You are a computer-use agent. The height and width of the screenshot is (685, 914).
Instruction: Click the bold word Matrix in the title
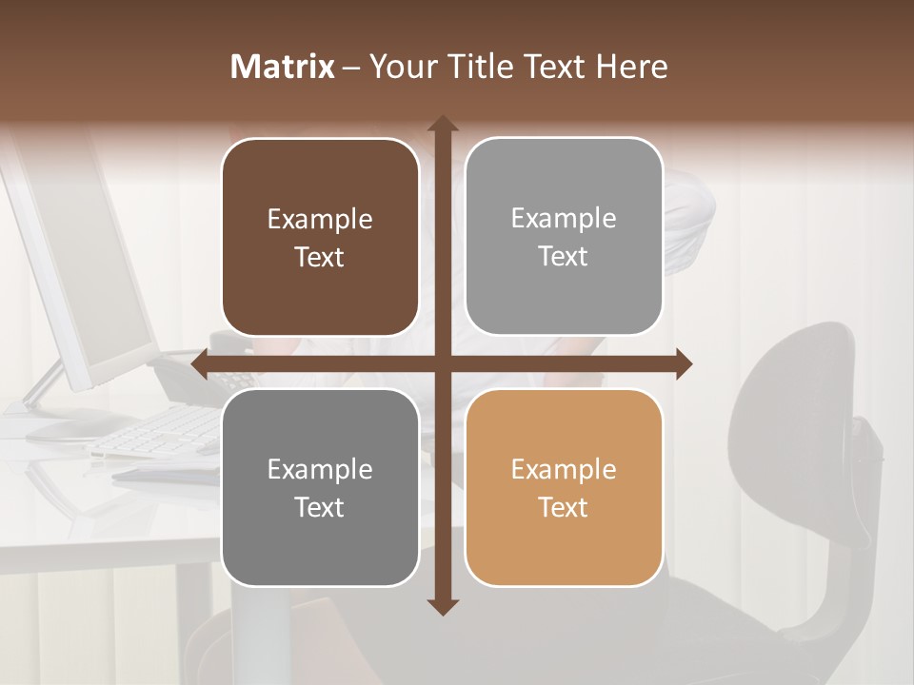click(283, 67)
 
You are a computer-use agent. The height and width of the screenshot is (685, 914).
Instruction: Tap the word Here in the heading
click(631, 67)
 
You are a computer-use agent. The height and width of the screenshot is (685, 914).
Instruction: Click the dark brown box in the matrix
click(320, 237)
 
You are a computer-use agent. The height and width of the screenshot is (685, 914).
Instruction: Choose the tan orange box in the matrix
click(564, 487)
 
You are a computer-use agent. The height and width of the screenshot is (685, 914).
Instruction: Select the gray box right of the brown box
click(564, 237)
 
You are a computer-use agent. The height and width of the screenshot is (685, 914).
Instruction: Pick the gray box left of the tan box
click(320, 487)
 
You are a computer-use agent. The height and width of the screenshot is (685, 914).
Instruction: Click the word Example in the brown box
click(320, 220)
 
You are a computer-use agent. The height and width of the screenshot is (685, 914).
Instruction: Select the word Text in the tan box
click(564, 507)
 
